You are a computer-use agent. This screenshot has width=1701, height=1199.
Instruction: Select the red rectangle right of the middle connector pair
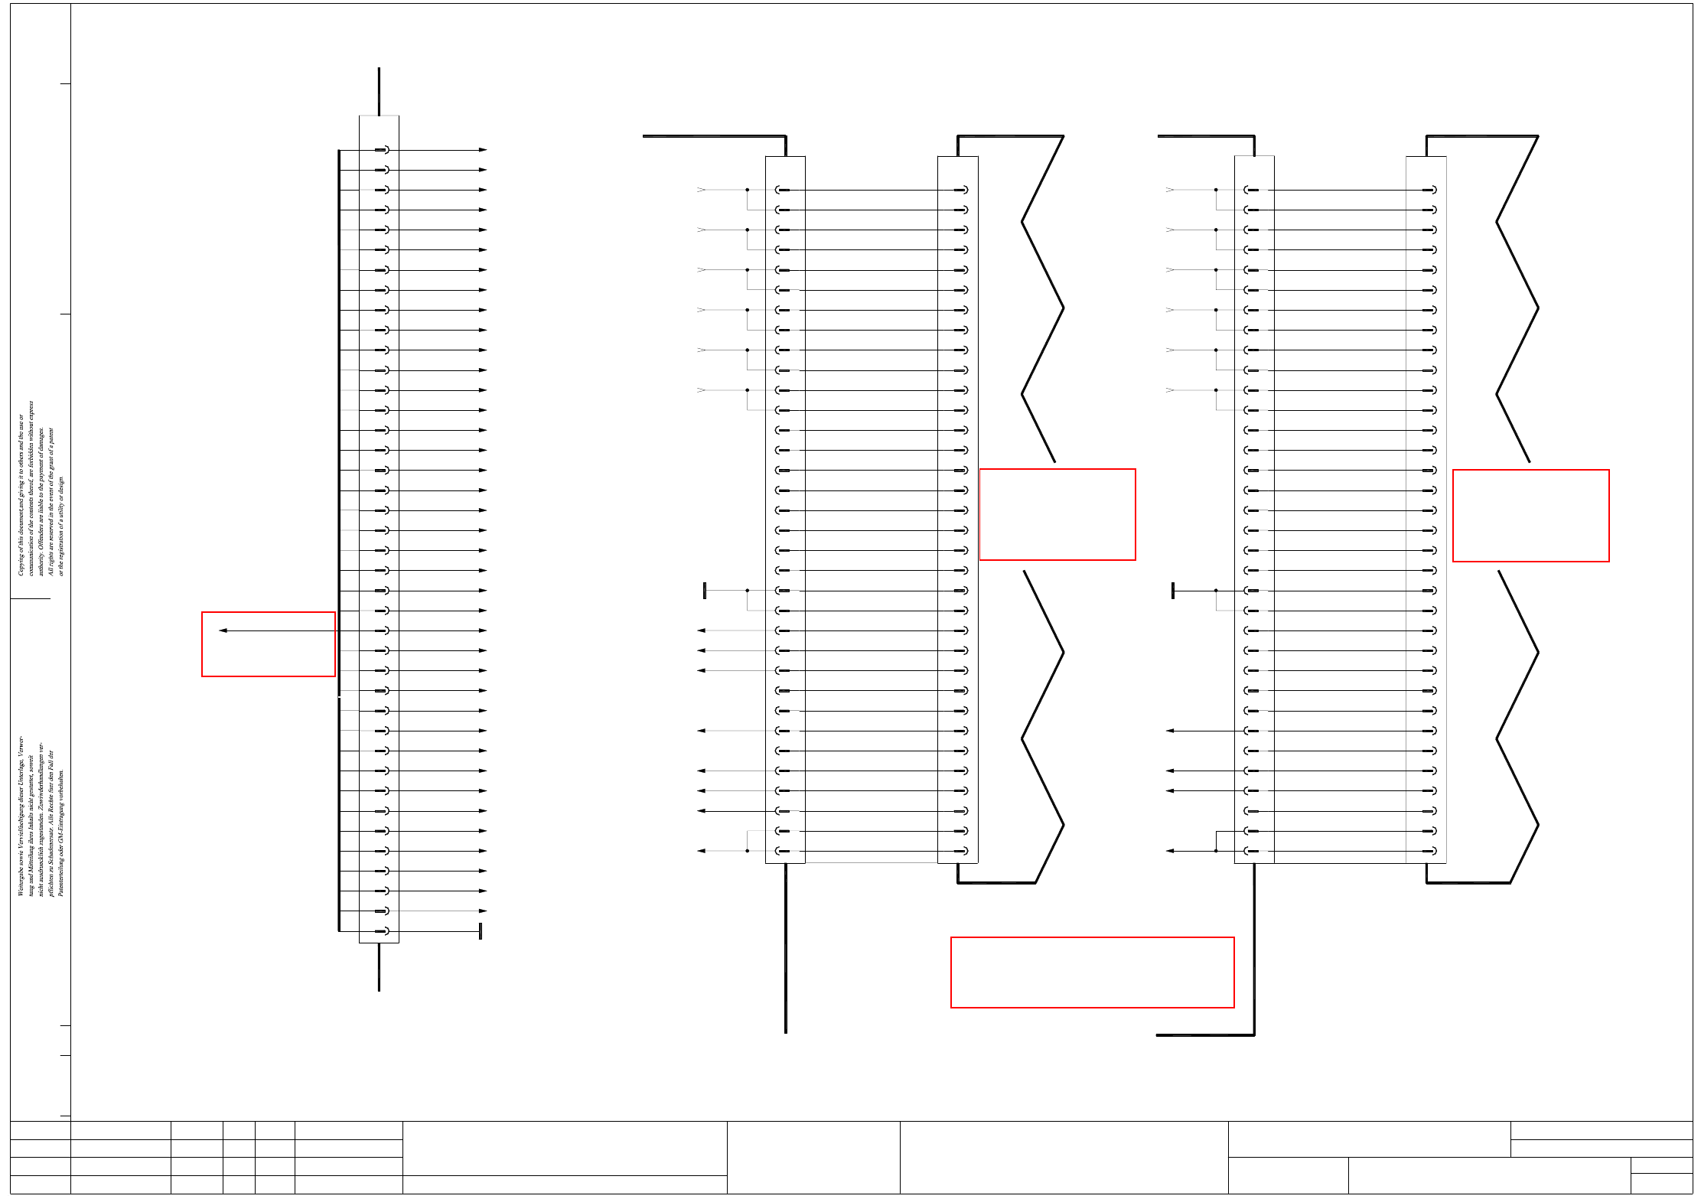point(1057,514)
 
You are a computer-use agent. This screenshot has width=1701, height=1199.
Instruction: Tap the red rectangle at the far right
point(1530,515)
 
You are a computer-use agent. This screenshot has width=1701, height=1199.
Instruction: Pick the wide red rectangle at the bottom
point(1092,972)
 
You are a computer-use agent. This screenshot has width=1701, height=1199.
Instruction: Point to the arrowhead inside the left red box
point(223,630)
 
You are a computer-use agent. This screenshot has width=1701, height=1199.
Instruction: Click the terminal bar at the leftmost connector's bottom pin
point(480,931)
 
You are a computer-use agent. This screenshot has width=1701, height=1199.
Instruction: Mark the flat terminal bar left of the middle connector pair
point(705,591)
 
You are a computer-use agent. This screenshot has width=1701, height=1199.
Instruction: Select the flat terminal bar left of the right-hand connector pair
point(1172,591)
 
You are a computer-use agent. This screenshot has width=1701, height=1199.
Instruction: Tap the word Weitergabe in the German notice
point(21,879)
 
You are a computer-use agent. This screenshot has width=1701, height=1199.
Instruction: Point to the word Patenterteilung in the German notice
point(61,872)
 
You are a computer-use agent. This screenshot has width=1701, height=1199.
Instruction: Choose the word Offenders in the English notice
point(41,541)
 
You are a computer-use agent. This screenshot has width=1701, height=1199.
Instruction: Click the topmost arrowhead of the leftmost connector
point(483,150)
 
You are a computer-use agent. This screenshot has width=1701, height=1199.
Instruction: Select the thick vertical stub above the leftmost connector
point(379,91)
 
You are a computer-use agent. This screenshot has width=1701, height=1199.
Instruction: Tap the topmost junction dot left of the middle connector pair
point(747,190)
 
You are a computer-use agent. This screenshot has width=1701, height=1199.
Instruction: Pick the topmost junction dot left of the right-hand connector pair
point(1215,190)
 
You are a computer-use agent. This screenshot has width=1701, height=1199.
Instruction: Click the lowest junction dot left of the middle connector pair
point(747,851)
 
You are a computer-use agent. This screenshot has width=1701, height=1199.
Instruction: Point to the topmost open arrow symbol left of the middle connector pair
point(701,190)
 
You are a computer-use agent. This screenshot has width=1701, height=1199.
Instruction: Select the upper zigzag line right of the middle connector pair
point(1042,298)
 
